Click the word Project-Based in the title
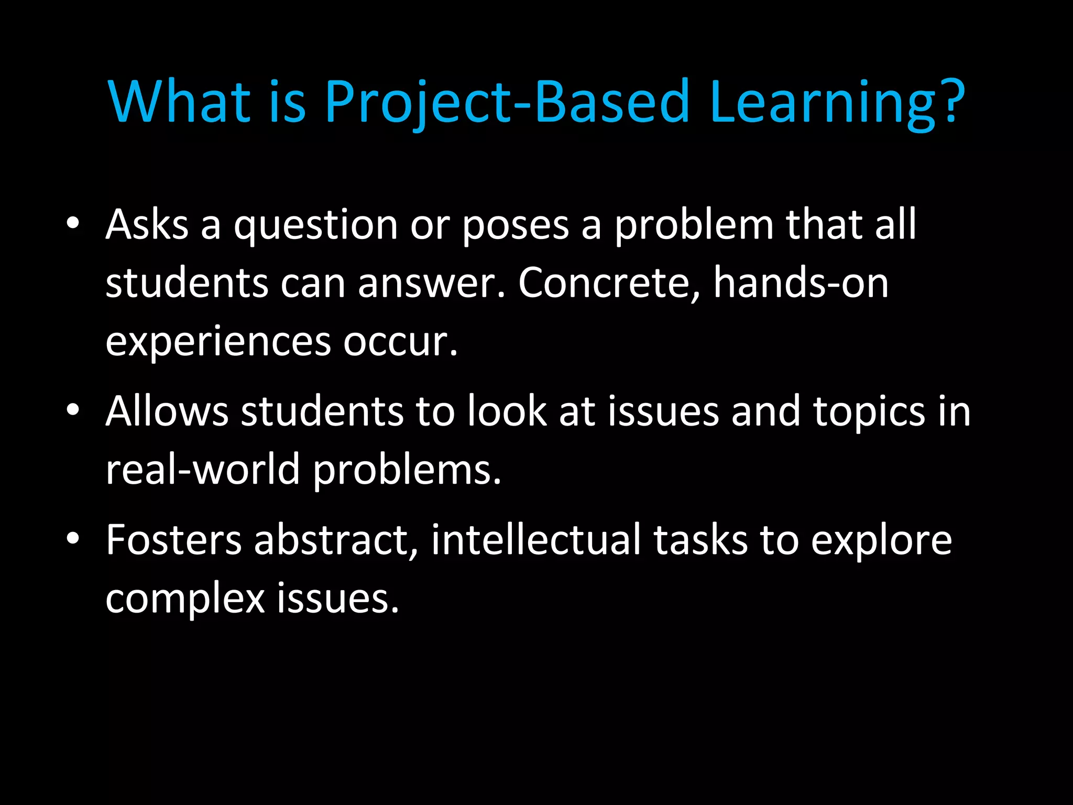507,102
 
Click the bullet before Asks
73,224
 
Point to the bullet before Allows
73,410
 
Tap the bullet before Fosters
73,539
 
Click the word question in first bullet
316,226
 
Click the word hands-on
801,283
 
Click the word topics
869,413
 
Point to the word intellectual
535,540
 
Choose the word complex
185,599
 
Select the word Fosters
173,540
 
